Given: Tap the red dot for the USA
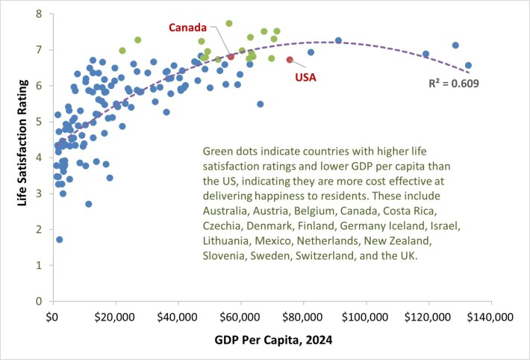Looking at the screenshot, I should pyautogui.click(x=290, y=60).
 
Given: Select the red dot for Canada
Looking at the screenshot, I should pyautogui.click(x=231, y=57).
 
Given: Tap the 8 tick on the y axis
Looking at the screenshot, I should pyautogui.click(x=39, y=14).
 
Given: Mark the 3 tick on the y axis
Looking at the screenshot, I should pyautogui.click(x=39, y=193).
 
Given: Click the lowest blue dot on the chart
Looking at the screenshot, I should pyautogui.click(x=59, y=240).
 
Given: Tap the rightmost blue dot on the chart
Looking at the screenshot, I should pyautogui.click(x=468, y=66).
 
